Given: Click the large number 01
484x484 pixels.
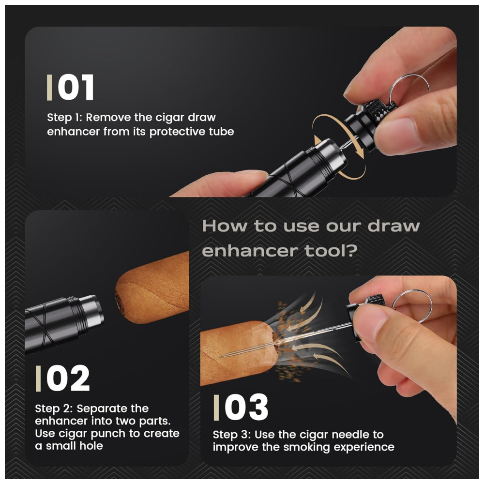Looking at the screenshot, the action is tap(76, 87).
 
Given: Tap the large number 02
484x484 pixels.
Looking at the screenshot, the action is tap(68, 378).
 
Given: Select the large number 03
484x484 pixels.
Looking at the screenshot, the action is tap(246, 407).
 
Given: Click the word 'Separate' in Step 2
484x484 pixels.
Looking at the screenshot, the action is tap(113, 408).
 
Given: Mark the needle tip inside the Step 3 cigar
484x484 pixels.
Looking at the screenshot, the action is tap(220, 356).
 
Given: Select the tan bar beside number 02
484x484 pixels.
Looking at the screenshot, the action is tap(38, 378).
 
